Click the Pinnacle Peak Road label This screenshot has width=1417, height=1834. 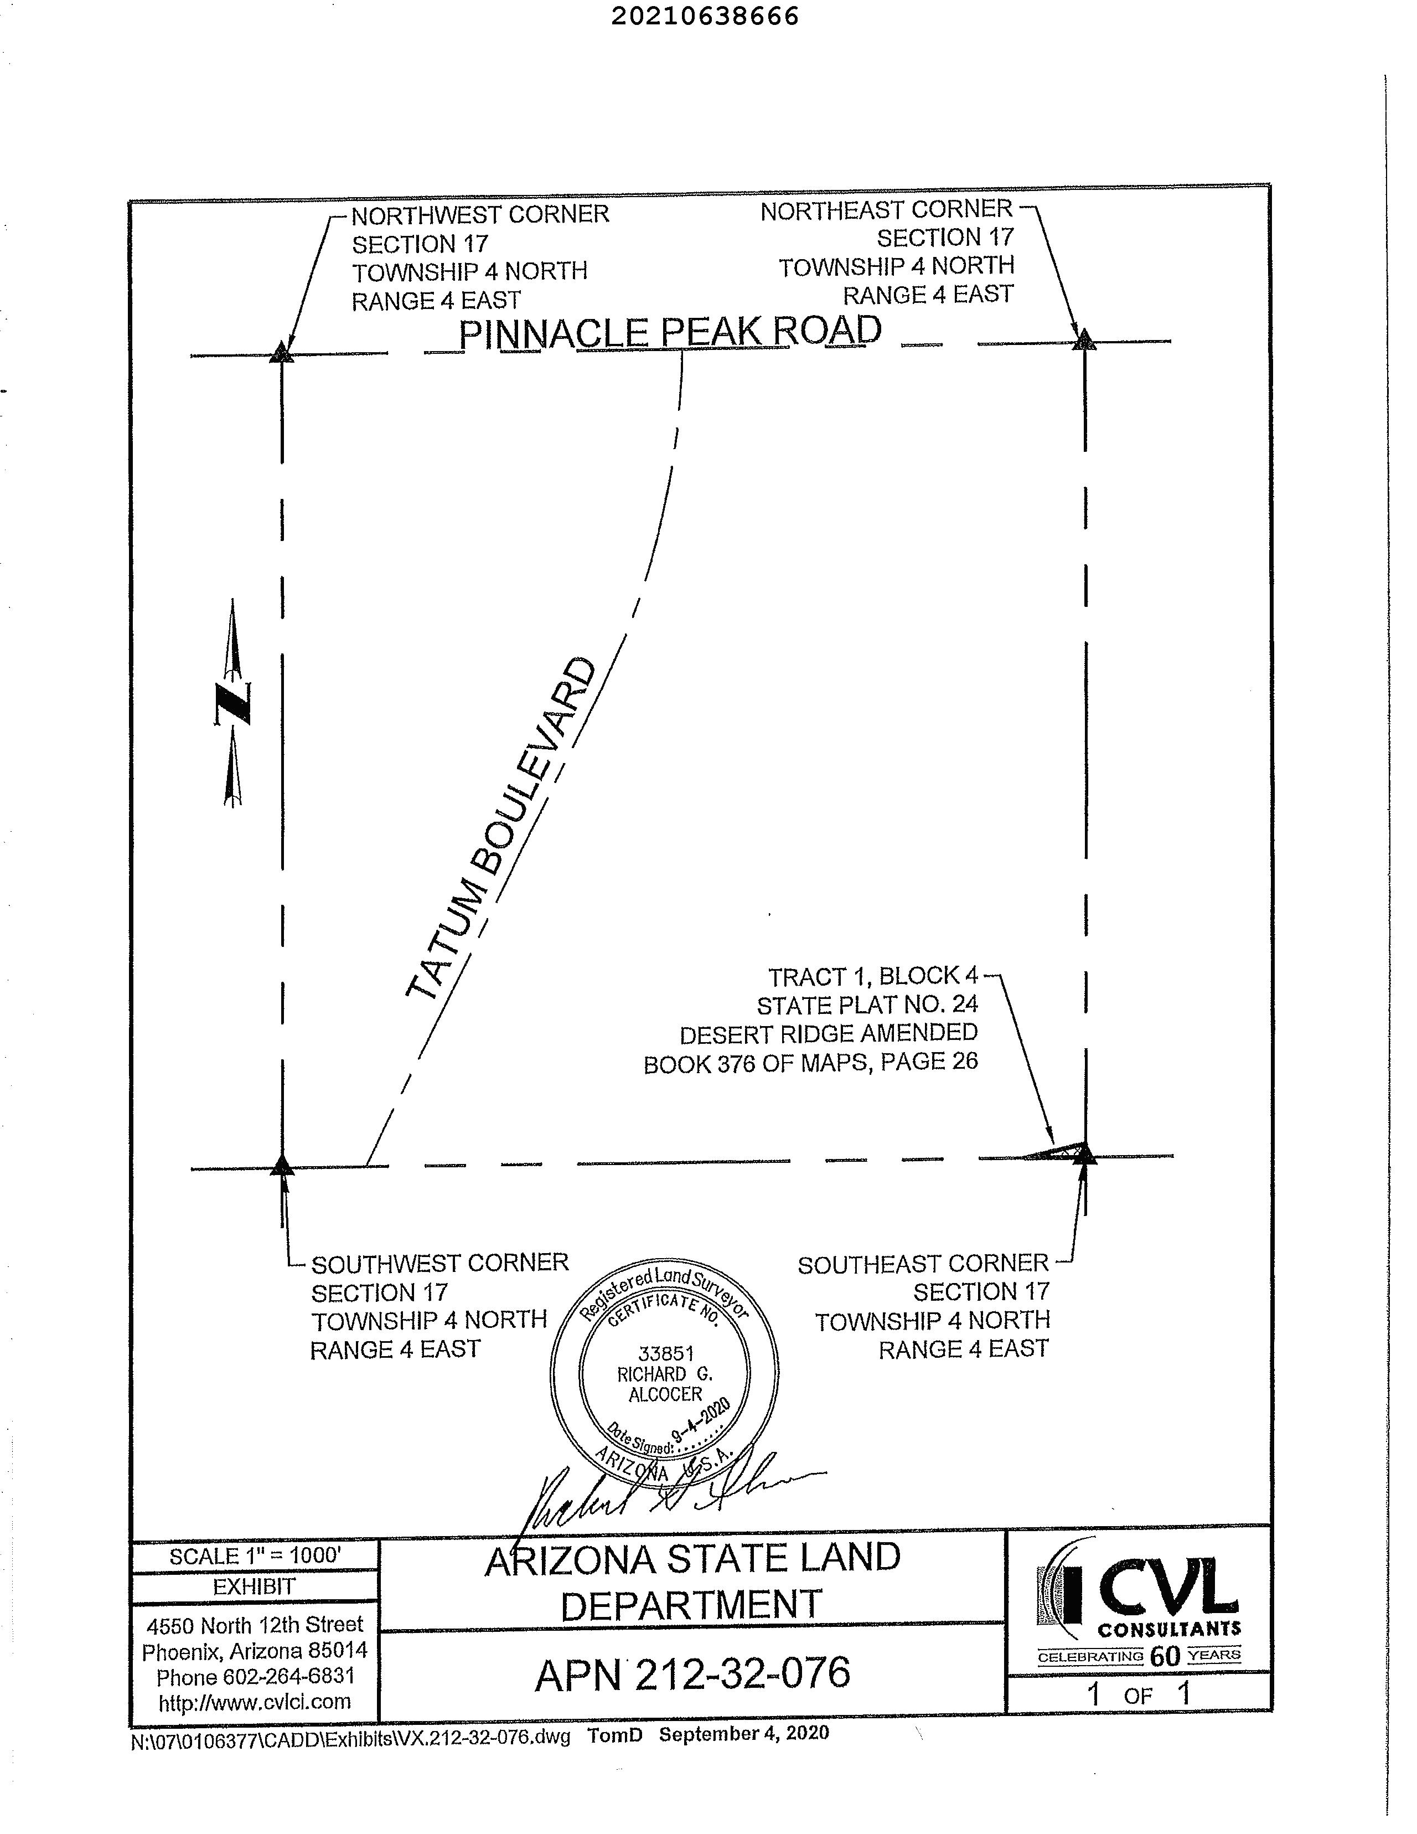(670, 332)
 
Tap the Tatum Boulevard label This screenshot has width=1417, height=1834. (500, 830)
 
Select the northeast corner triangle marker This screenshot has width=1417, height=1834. (1084, 340)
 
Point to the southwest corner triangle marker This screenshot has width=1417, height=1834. (282, 1164)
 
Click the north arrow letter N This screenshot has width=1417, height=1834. (232, 703)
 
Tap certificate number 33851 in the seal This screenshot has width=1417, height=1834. (666, 1353)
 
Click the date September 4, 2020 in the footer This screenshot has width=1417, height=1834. (744, 1733)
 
